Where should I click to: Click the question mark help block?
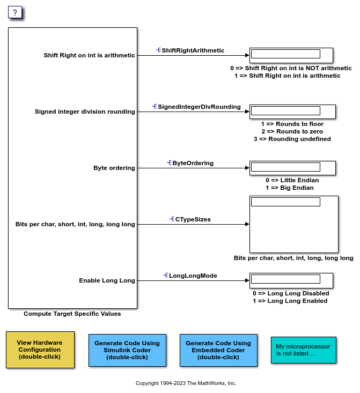click(x=15, y=12)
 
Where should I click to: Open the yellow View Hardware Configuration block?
click(x=40, y=350)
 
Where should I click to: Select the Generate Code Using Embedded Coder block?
click(x=218, y=350)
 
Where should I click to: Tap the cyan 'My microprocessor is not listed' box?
click(x=303, y=350)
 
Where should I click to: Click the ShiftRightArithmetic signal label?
click(x=193, y=50)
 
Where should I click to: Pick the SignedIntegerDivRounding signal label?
click(x=199, y=107)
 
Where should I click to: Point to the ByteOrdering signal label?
click(x=193, y=163)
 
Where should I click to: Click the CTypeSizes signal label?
click(x=193, y=219)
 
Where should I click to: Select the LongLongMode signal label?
click(x=193, y=276)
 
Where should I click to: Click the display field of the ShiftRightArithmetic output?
click(x=285, y=54)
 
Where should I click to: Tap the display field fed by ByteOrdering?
click(x=285, y=167)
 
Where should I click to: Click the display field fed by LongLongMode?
click(x=285, y=279)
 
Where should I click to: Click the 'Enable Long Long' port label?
click(x=107, y=280)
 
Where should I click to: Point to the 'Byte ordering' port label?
click(x=114, y=168)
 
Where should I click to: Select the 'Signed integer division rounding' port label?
click(x=85, y=112)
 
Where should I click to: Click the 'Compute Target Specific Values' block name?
click(x=72, y=314)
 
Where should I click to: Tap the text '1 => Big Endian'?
click(x=289, y=188)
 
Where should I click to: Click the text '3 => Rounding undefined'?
click(x=292, y=139)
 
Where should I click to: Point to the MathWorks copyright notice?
click(x=186, y=383)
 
